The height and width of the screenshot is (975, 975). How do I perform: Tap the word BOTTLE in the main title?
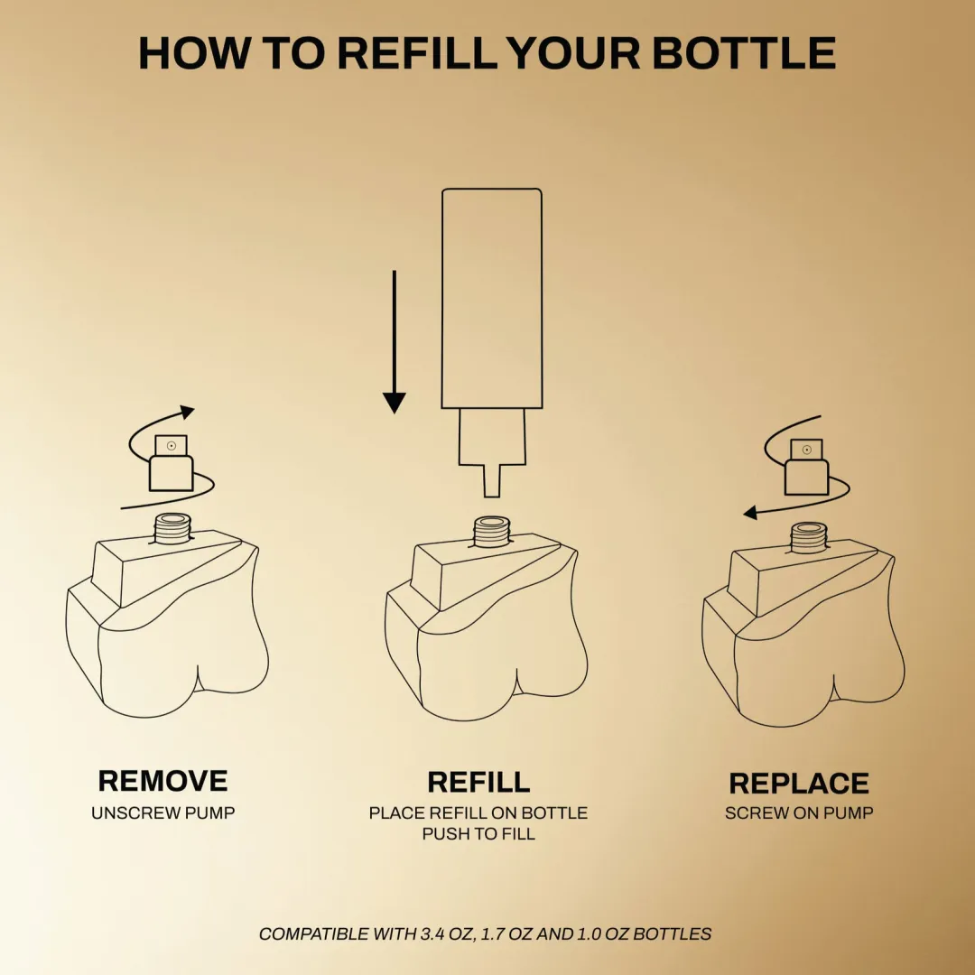click(x=744, y=53)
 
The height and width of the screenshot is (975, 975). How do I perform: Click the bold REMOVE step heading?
click(x=162, y=781)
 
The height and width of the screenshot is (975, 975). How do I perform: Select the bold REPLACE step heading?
click(x=799, y=784)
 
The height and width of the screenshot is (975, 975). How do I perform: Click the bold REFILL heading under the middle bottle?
click(x=478, y=782)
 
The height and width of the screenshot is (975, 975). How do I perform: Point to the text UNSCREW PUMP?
click(x=162, y=812)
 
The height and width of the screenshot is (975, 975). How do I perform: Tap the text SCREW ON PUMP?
click(x=799, y=812)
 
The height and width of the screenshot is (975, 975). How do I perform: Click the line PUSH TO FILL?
click(x=478, y=834)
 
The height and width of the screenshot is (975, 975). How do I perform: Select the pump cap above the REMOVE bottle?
click(x=172, y=463)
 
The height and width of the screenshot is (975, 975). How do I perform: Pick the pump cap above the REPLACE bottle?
click(x=806, y=467)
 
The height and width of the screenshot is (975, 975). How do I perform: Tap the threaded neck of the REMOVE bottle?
click(x=172, y=528)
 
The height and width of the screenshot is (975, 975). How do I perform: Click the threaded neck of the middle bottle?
click(x=492, y=532)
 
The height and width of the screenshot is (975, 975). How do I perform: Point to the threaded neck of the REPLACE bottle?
click(x=809, y=538)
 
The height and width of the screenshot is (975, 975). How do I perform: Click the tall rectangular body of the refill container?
click(x=492, y=299)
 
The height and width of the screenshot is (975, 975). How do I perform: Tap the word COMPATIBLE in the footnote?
click(x=314, y=934)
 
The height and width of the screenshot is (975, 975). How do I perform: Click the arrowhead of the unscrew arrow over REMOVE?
click(x=187, y=412)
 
